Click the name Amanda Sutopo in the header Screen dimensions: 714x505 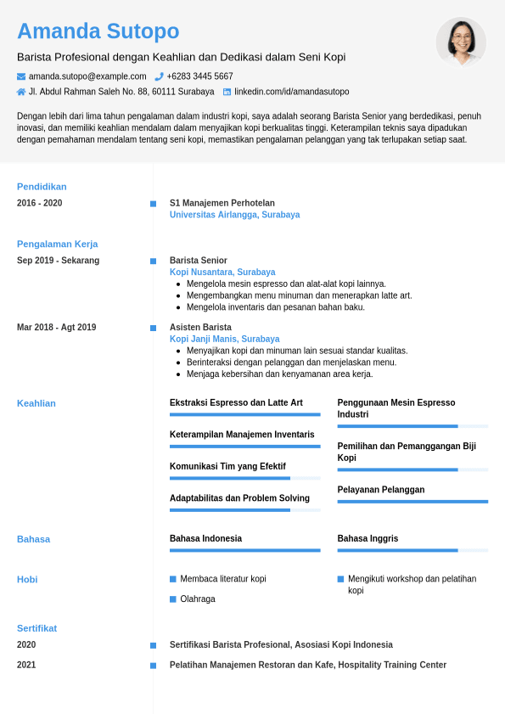tap(98, 31)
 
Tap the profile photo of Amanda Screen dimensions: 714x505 tap(461, 42)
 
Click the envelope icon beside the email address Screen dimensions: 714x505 tap(21, 76)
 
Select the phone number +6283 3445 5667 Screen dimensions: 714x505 tap(199, 76)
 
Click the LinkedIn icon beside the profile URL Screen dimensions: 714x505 tap(227, 92)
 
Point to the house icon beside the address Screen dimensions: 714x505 tap(21, 92)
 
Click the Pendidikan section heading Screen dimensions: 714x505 tap(42, 187)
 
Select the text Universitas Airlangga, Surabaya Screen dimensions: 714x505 tap(234, 215)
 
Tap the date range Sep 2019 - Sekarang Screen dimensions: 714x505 tap(58, 261)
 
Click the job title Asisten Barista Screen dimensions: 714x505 tap(200, 328)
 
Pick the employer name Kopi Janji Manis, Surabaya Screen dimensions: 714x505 tap(224, 339)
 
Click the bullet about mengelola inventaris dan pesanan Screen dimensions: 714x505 tap(275, 307)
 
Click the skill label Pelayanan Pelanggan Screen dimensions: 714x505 tap(380, 490)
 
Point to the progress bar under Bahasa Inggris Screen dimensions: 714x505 tap(412, 550)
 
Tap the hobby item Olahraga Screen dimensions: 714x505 tap(197, 599)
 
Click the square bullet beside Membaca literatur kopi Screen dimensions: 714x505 tap(173, 579)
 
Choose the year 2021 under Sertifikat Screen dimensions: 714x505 tap(26, 665)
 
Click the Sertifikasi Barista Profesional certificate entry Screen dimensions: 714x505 tap(281, 645)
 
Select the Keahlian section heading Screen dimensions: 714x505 tap(36, 403)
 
